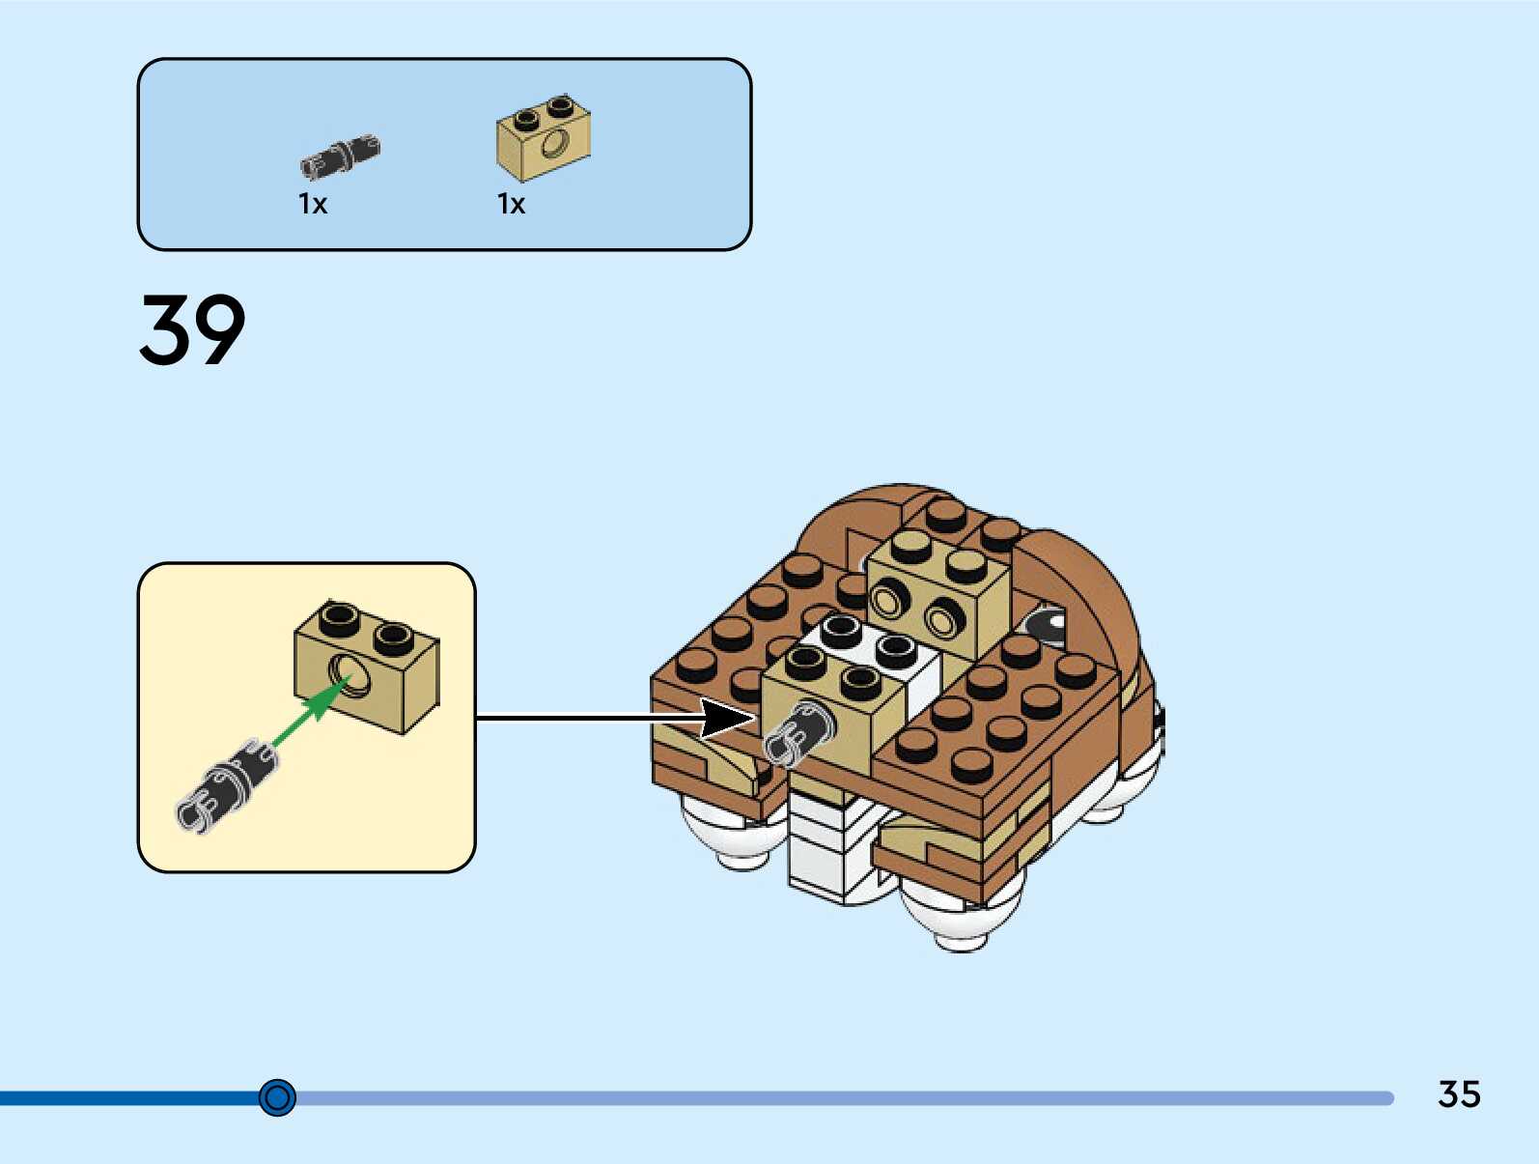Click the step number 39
(193, 330)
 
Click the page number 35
(1459, 1094)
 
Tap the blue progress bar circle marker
(278, 1097)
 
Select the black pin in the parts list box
(340, 156)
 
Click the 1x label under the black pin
(313, 204)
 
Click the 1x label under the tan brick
(512, 204)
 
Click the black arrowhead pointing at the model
(726, 719)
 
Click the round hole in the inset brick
(350, 672)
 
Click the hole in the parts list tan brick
(554, 145)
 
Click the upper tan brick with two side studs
(937, 589)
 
